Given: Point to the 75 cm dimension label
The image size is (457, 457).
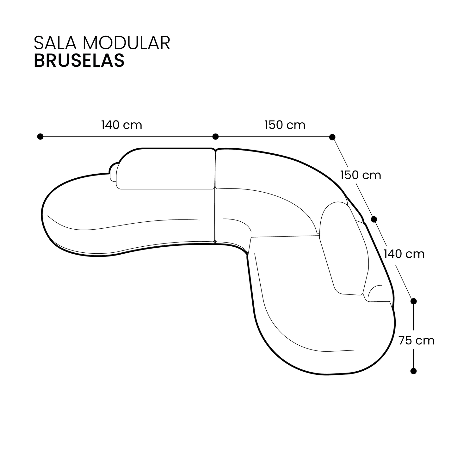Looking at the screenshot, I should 416,341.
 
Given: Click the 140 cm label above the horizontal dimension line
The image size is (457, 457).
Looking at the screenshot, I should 121,125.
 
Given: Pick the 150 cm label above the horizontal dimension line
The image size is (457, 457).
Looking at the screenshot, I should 285,125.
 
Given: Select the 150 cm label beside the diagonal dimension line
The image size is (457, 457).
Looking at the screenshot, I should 361,175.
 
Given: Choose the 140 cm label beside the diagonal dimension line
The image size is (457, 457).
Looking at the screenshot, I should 404,254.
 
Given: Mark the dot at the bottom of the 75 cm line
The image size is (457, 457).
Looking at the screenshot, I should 413,371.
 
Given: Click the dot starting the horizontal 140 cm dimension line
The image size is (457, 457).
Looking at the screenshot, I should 40,137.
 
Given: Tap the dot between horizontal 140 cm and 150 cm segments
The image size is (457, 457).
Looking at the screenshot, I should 215,137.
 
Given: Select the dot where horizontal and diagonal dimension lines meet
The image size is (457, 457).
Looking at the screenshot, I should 332,137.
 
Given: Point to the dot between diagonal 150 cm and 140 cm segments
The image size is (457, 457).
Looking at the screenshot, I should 374,219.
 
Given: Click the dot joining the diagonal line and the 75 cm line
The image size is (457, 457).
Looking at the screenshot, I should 413,301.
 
